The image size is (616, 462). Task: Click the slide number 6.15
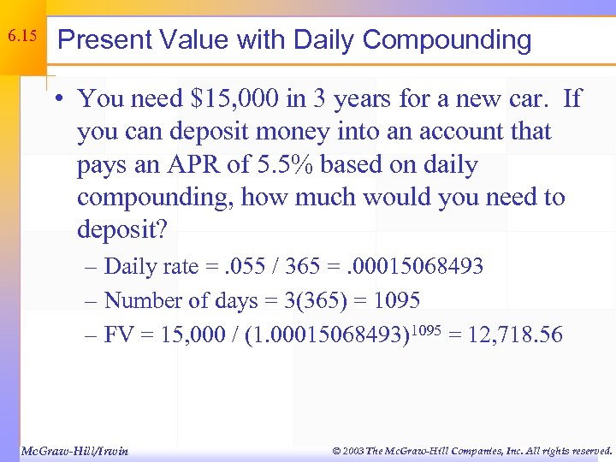[22, 37]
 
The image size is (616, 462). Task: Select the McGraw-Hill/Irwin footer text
[74, 450]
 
